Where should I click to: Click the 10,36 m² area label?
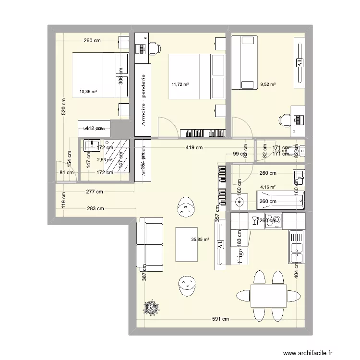tap(88, 91)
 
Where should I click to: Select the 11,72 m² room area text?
tap(180, 85)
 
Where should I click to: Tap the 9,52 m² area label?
tap(268, 85)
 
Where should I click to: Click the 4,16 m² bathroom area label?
tap(268, 187)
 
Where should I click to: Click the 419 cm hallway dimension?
tap(194, 148)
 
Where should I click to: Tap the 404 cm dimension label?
tap(296, 271)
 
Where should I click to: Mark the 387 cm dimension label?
tap(144, 274)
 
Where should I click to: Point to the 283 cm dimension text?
tap(96, 209)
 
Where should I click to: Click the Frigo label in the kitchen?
tap(240, 254)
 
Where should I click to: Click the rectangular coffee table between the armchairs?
tap(187, 244)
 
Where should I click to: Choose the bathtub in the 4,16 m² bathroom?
tap(280, 200)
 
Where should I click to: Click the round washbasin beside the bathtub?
tap(240, 201)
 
